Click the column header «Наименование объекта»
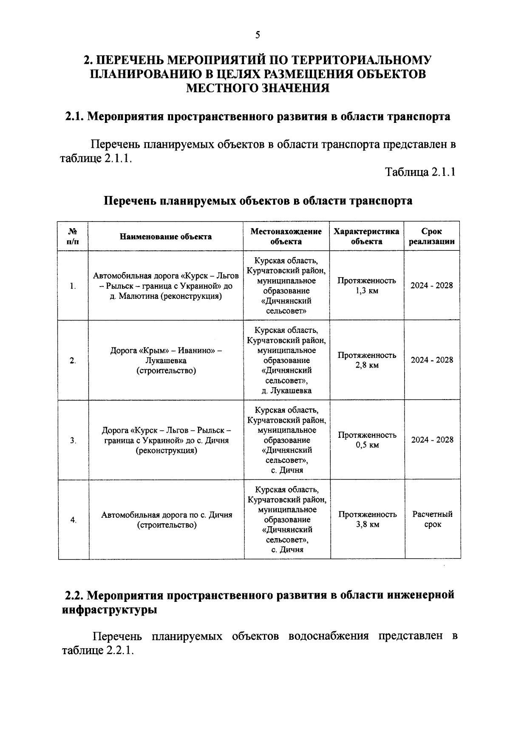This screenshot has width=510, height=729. click(166, 237)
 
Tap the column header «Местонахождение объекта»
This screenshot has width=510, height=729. click(286, 236)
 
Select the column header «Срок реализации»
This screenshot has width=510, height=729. click(431, 236)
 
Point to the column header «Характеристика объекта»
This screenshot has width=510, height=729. click(366, 236)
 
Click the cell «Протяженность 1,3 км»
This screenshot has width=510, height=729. click(367, 286)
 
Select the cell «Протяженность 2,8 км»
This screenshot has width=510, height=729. click(367, 360)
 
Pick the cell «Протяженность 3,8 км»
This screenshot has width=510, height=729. click(368, 519)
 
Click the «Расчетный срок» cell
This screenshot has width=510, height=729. click(432, 519)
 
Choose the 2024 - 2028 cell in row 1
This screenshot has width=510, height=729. click(431, 285)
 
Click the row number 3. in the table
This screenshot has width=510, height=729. click(73, 441)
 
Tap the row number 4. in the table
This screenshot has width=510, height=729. click(74, 520)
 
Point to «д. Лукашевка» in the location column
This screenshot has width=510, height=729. click(286, 391)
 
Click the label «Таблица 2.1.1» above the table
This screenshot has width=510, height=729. click(420, 172)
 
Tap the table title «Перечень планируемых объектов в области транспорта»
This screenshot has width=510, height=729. click(258, 201)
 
